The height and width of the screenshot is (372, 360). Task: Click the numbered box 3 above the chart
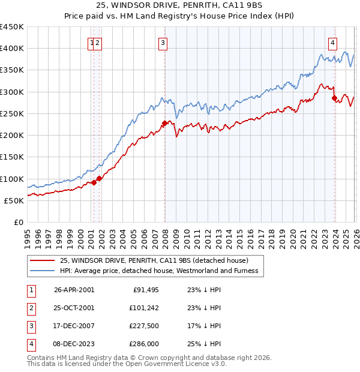pyautogui.click(x=163, y=43)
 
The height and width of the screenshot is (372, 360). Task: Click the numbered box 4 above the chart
pyautogui.click(x=332, y=43)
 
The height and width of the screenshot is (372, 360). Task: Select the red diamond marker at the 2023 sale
pyautogui.click(x=334, y=98)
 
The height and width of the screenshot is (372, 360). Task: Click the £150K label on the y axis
pyautogui.click(x=12, y=157)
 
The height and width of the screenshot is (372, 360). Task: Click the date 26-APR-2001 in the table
pyautogui.click(x=74, y=290)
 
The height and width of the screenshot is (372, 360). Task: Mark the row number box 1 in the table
pyautogui.click(x=31, y=290)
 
